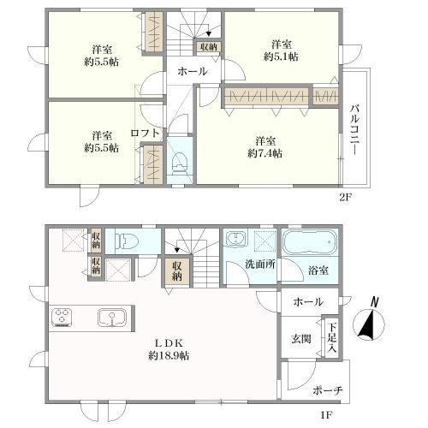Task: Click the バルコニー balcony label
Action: coord(354,130)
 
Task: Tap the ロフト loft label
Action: coord(145,133)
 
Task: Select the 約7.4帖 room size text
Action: coord(265,154)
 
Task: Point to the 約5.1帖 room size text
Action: coord(281,56)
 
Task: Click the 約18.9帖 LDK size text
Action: coord(169,355)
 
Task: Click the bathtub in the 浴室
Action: coord(310,243)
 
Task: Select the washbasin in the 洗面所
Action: coord(235,238)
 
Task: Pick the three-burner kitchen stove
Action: coord(62,317)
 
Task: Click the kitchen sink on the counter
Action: coord(112,317)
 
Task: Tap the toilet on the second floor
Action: coord(180,162)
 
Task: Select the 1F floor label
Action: coord(326,414)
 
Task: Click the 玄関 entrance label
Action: coord(301,339)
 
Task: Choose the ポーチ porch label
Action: coord(327,390)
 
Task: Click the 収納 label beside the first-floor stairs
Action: coord(177,271)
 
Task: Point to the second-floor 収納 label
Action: coord(209,47)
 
